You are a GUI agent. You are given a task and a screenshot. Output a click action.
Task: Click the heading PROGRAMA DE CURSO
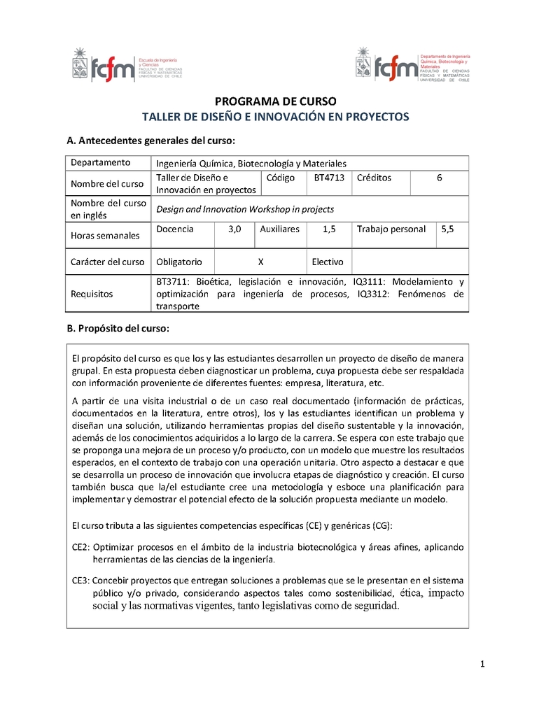coord(275,101)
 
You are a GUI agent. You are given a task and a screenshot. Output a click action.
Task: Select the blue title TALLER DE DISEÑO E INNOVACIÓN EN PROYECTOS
coord(275,117)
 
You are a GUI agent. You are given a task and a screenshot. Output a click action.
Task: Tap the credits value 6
coord(439,178)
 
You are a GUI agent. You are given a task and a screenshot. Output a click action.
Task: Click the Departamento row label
coord(100,162)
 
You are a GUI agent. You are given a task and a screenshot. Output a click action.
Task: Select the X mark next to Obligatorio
coord(260,262)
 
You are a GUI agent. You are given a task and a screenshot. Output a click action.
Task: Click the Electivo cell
coord(327,262)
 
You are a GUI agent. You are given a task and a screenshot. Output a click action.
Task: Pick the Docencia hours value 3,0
coord(234,229)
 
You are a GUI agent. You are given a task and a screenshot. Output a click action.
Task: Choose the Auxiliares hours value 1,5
coord(329,229)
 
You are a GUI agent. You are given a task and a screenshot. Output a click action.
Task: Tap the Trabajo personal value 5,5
coord(447,229)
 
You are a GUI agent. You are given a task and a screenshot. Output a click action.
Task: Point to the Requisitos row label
coord(92,294)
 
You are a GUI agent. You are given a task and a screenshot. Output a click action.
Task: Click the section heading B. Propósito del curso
coord(117,328)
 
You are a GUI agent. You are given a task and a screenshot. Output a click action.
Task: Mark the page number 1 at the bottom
coord(483,664)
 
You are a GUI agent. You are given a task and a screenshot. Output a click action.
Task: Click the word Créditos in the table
coord(374,178)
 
